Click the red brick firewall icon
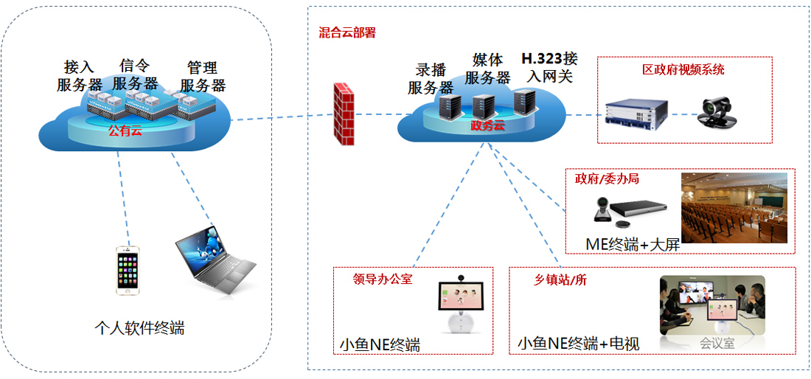(342, 115)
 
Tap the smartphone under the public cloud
(127, 270)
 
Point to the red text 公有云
(124, 131)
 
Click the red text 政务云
(487, 126)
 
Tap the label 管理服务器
(202, 76)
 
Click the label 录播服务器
(431, 79)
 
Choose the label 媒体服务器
(487, 69)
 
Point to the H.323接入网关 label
(549, 67)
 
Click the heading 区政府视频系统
(683, 70)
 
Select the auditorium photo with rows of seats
(734, 208)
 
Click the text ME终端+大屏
(632, 244)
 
